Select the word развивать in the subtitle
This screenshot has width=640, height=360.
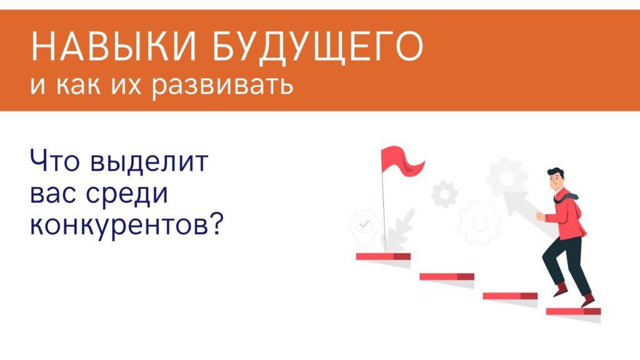tap(223, 85)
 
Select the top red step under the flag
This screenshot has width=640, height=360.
tap(383, 256)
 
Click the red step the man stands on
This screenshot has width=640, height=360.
tap(574, 311)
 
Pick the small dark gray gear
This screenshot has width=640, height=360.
tap(444, 194)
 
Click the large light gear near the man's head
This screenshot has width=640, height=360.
tap(507, 178)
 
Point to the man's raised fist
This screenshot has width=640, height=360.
tap(540, 216)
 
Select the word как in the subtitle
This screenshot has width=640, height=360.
tap(78, 85)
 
